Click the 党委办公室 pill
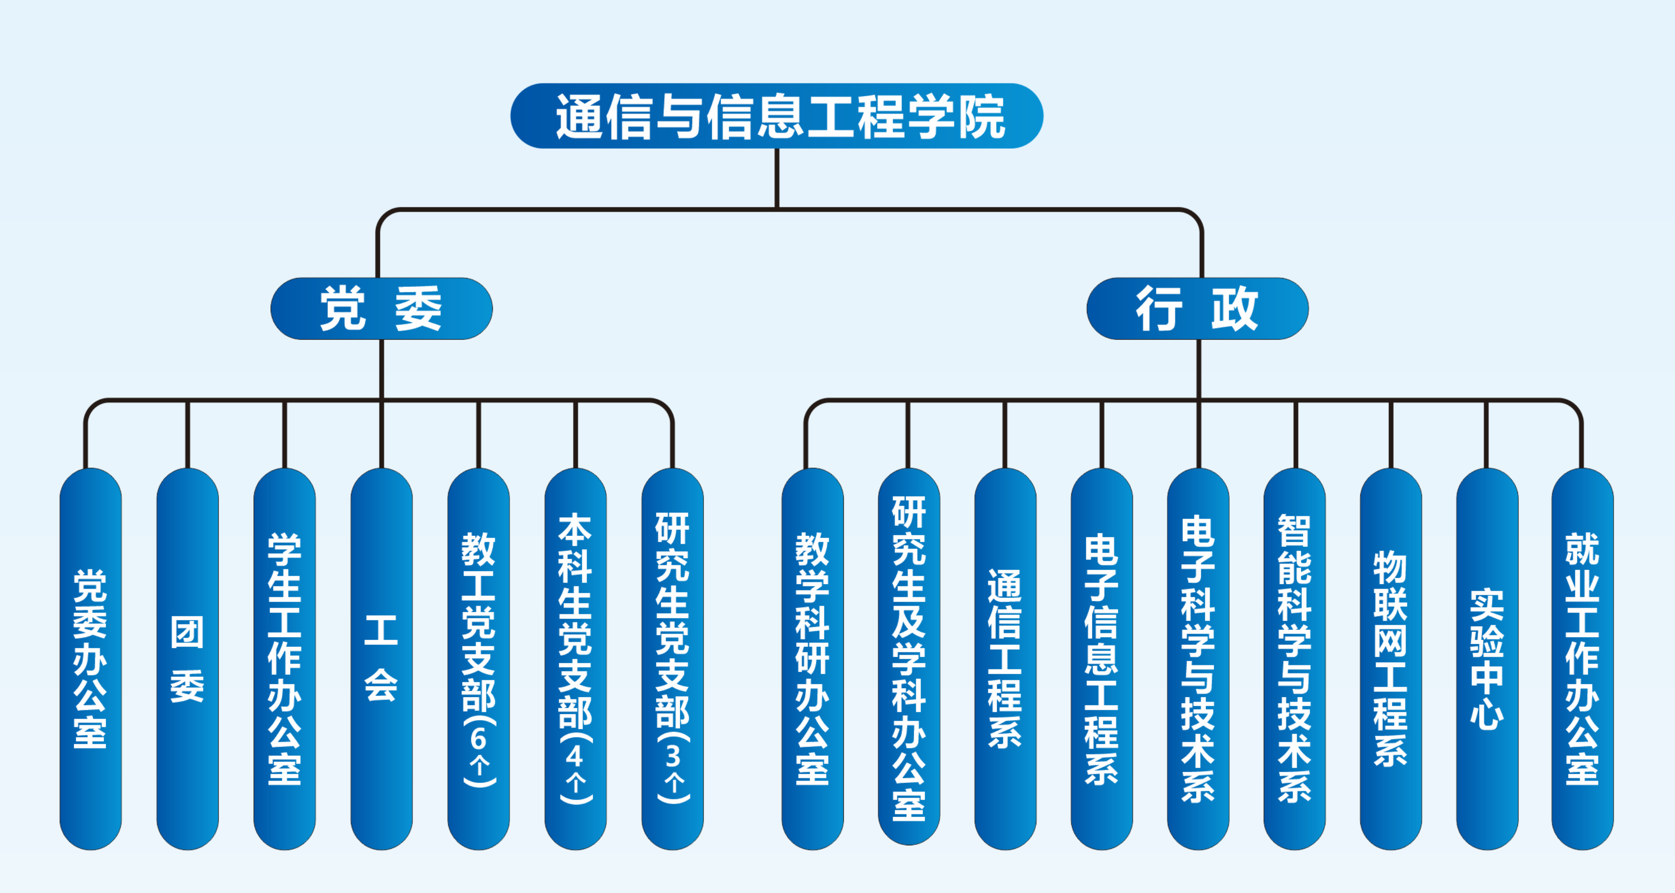point(90,658)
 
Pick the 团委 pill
point(187,658)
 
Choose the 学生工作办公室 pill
point(284,658)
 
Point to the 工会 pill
point(381,658)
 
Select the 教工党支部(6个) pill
point(478,658)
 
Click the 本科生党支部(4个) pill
point(575,658)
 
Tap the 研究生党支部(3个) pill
point(673,658)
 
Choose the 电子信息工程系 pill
point(1102,658)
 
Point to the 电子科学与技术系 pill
point(1198,658)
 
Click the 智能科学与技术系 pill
point(1294,658)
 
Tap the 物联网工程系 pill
point(1390,658)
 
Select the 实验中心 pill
point(1486,658)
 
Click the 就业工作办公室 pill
point(1582,658)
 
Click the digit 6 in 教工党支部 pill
point(479,739)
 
